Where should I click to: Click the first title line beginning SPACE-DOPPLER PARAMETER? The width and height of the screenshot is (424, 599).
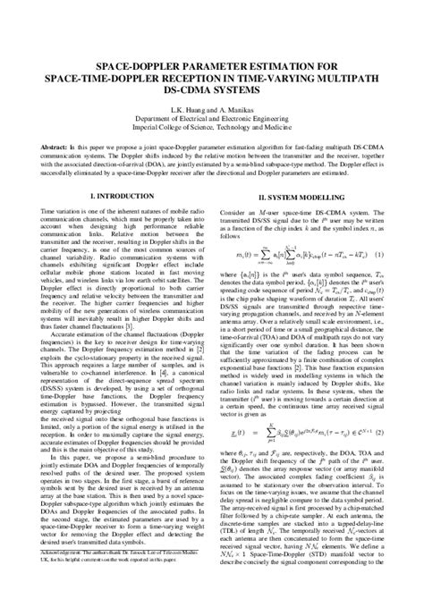pyautogui.click(x=213, y=65)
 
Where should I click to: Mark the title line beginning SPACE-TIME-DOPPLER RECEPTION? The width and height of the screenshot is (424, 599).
pyautogui.click(x=213, y=77)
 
